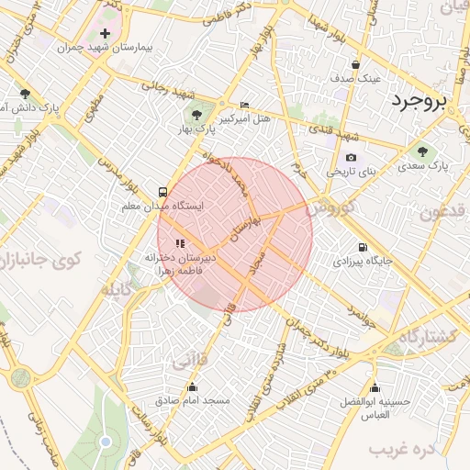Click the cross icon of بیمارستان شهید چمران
[x=106, y=33]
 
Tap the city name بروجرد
[x=430, y=101]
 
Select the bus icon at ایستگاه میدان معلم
[x=162, y=193]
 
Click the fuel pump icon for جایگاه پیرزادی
[x=363, y=247]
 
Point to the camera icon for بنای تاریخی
[x=351, y=158]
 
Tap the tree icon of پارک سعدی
[x=422, y=152]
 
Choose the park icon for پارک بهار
[x=195, y=115]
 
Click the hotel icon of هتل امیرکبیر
[x=243, y=106]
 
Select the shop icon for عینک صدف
[x=356, y=64]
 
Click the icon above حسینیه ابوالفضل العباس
[x=375, y=386]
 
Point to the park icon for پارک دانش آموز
[x=25, y=94]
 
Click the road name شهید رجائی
[x=169, y=89]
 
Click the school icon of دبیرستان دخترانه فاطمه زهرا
[x=179, y=243]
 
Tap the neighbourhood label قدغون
[x=444, y=214]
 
